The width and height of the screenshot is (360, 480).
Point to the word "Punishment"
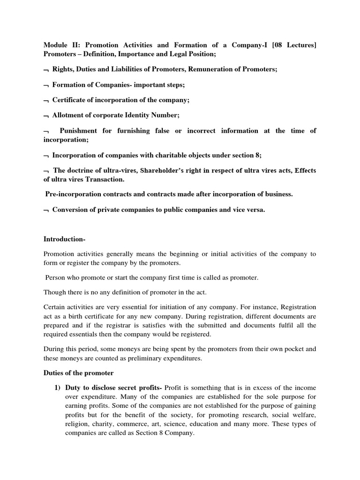[x=79, y=130]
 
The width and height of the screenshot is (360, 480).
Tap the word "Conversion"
[x=69, y=210]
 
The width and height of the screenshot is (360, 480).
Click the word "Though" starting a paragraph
[x=55, y=293]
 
